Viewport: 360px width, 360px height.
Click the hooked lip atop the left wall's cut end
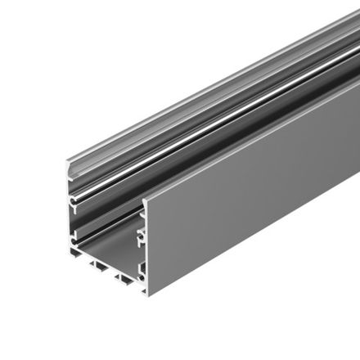pyautogui.click(x=70, y=166)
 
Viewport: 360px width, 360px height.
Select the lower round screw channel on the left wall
pyautogui.click(x=74, y=238)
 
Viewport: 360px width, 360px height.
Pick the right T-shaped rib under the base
pyautogui.click(x=125, y=282)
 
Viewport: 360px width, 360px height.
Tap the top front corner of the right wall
pyautogui.click(x=145, y=200)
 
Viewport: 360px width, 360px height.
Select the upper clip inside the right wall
pyautogui.click(x=141, y=214)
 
